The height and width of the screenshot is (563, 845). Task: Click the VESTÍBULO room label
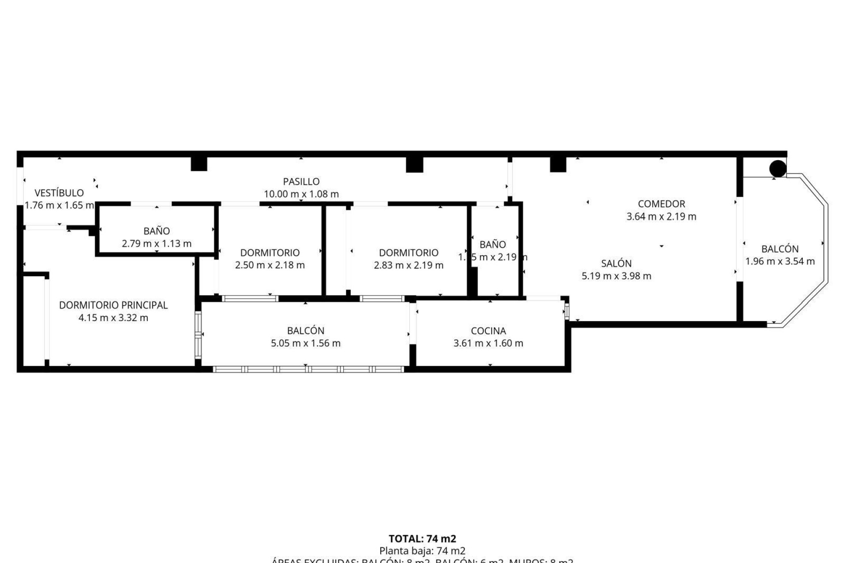point(59,193)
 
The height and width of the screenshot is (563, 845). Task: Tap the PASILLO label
point(301,181)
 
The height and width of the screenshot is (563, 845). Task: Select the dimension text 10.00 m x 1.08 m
point(301,194)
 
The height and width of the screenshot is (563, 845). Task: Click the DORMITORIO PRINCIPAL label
point(114,305)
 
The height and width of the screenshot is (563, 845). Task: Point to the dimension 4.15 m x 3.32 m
point(114,318)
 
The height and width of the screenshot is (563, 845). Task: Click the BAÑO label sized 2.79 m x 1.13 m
point(156,231)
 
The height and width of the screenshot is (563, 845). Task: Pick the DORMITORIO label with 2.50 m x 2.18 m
point(270,252)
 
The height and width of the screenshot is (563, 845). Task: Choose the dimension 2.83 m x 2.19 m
point(408,265)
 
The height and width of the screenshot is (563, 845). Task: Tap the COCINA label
point(488,331)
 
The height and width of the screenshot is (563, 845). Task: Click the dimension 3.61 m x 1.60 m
point(488,343)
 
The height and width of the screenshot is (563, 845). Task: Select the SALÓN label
point(616,263)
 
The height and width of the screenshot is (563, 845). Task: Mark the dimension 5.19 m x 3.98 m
point(616,276)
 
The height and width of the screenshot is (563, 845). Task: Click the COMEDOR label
point(661,204)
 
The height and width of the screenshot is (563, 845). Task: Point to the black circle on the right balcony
point(778,168)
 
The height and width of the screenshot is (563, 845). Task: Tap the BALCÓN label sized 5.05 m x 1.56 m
point(305,331)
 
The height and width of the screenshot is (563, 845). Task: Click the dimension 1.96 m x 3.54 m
point(780,261)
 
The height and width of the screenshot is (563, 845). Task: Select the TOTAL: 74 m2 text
point(422,538)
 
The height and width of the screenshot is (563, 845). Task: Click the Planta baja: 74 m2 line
point(422,551)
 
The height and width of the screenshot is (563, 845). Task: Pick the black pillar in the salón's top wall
point(558,165)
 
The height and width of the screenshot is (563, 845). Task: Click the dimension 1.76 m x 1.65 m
point(59,205)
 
